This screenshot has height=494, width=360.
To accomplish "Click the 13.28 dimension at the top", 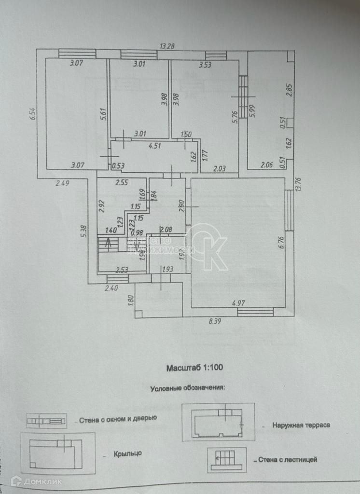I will coord(167,46).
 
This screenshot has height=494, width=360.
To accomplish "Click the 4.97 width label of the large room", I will coord(239,303).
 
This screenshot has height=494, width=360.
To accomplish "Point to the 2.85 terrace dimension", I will coord(289,91).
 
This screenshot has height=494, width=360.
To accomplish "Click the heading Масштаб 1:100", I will coord(194,368).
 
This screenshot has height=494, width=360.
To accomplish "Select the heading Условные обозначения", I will coord(188,387).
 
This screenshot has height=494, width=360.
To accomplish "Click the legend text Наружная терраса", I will coord(301,425).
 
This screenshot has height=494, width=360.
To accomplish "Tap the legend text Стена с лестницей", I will coord(288,460).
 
